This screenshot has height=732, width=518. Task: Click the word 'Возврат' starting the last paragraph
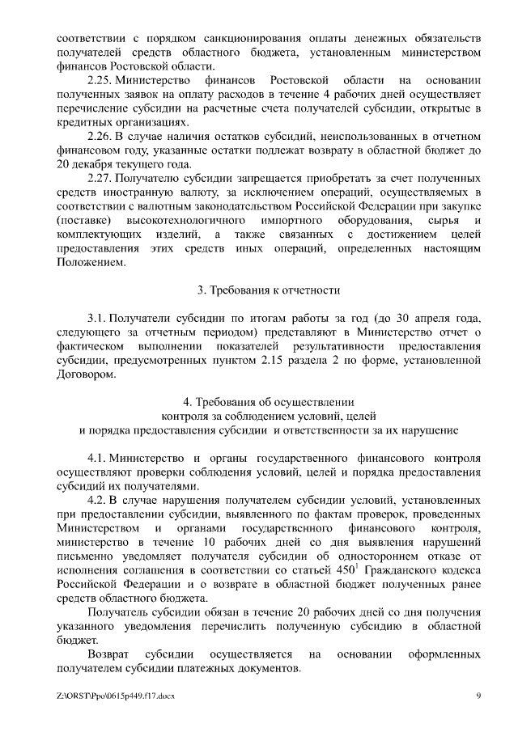110,654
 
